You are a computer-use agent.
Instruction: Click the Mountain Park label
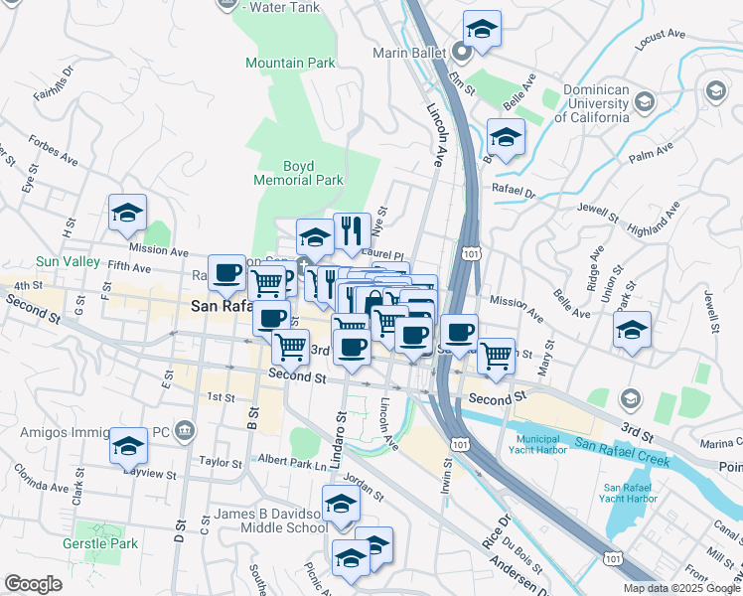pyautogui.click(x=291, y=63)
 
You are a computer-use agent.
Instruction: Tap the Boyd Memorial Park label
pyautogui.click(x=298, y=173)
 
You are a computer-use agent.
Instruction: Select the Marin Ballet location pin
pyautogui.click(x=462, y=52)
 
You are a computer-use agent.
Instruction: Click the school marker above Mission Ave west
pyautogui.click(x=128, y=213)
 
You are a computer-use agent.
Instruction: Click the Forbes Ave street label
pyautogui.click(x=53, y=150)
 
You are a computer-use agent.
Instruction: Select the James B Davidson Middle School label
pyautogui.click(x=270, y=521)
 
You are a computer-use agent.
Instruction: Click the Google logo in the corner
pyautogui.click(x=33, y=584)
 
